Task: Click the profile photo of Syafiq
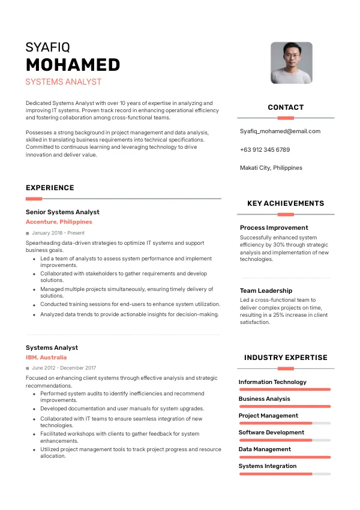(291, 62)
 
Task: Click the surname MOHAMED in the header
(73, 65)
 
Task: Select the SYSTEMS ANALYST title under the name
(64, 82)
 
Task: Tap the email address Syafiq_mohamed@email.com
(280, 131)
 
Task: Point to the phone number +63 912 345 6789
(265, 149)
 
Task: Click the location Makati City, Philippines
(271, 168)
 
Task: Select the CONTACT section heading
(286, 107)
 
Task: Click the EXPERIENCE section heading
(50, 188)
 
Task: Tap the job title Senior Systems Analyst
(62, 212)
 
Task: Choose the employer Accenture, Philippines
(59, 222)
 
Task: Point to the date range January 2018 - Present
(58, 233)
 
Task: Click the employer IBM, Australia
(46, 358)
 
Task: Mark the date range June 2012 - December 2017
(64, 368)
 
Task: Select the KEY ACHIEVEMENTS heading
(286, 203)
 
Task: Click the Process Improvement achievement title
(274, 227)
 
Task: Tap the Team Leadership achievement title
(266, 290)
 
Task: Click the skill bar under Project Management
(285, 423)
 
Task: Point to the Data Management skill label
(265, 449)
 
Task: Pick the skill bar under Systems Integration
(285, 474)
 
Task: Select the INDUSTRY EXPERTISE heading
(286, 358)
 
